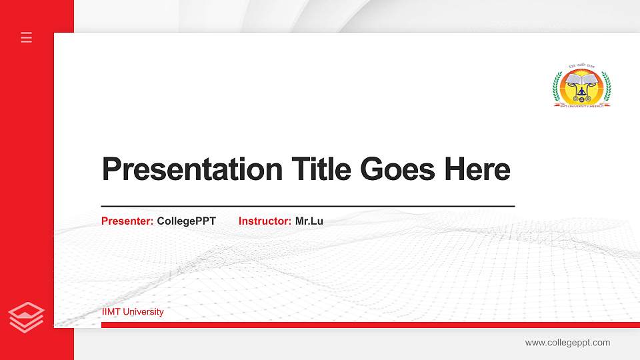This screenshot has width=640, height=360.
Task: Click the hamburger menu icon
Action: tap(27, 37)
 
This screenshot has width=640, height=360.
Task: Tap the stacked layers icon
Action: tap(27, 317)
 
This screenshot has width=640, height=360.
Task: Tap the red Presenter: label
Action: tap(127, 221)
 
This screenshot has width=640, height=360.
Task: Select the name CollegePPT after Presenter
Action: tap(187, 221)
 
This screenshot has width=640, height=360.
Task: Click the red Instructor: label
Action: tap(265, 221)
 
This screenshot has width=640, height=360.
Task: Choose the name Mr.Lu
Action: tap(309, 221)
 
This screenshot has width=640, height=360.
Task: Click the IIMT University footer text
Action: tap(133, 312)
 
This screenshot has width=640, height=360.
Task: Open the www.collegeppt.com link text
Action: tap(567, 343)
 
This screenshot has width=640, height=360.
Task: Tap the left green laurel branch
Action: tap(557, 87)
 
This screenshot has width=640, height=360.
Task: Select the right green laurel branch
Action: tap(607, 87)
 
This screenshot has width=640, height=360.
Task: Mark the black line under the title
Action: tap(308, 207)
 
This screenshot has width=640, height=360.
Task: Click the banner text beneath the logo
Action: tap(582, 105)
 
